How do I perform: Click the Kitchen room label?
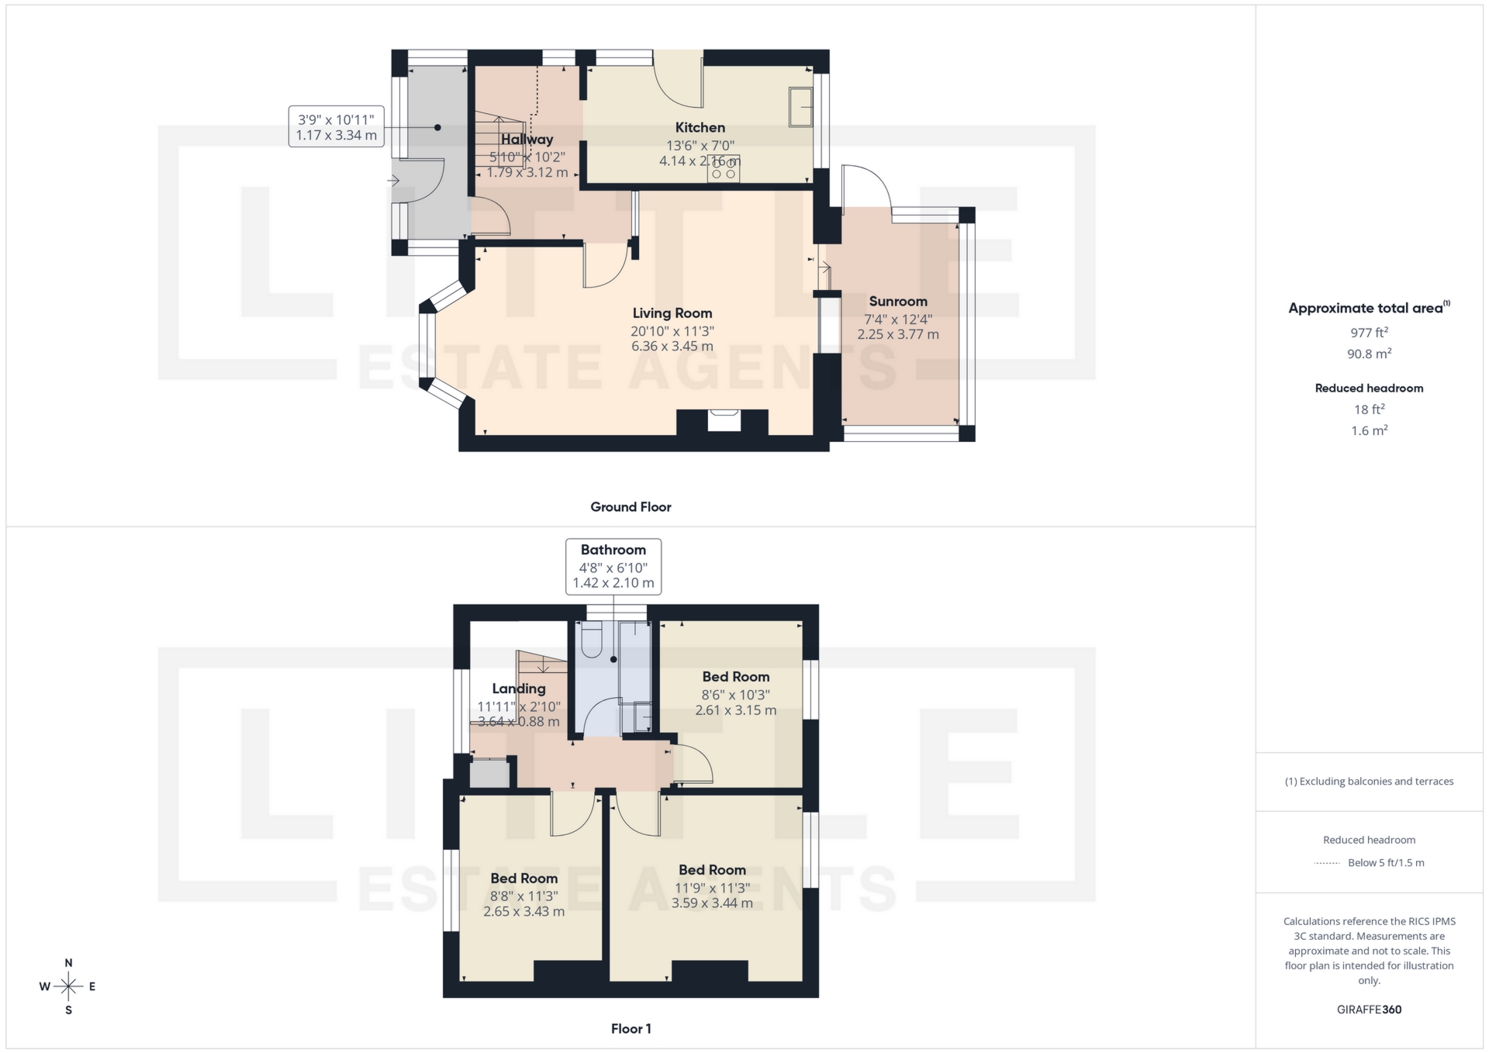(700, 128)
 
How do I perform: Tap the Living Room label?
(672, 313)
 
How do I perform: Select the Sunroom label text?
(897, 302)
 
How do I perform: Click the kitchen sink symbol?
(800, 107)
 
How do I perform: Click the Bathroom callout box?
(613, 566)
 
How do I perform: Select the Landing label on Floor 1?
(518, 689)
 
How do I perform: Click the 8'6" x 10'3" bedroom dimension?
(735, 695)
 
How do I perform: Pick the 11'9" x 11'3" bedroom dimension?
(711, 888)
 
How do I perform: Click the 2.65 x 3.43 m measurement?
(523, 912)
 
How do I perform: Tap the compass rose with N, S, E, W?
(68, 986)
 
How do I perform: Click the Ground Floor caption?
(630, 507)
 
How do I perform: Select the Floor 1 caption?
(630, 1029)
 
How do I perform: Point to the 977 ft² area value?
(1369, 333)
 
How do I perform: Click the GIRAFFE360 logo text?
(1369, 1010)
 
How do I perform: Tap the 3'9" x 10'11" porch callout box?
(336, 127)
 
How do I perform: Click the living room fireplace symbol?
(724, 419)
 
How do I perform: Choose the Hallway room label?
(527, 140)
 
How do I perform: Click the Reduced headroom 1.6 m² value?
(1369, 430)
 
